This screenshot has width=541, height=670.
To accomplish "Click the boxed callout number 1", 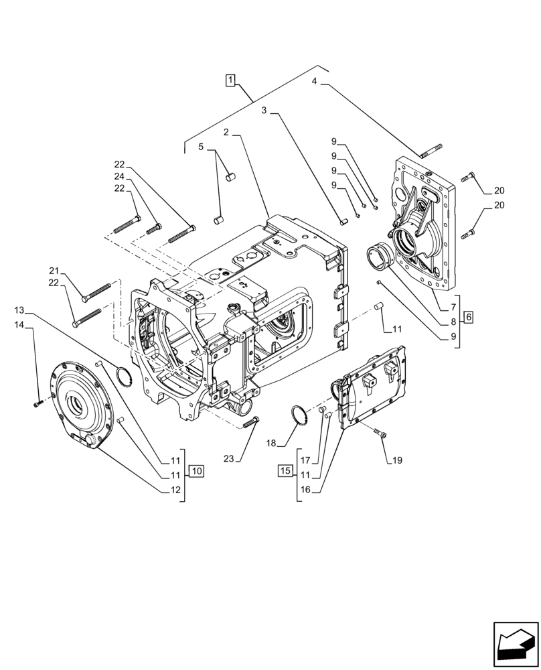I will pyautogui.click(x=230, y=81).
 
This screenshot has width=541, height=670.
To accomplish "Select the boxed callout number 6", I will pyautogui.click(x=468, y=316).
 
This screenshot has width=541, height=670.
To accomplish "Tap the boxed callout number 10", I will pyautogui.click(x=196, y=470).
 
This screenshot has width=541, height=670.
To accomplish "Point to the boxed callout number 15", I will pyautogui.click(x=285, y=470).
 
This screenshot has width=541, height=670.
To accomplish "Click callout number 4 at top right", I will pyautogui.click(x=314, y=82).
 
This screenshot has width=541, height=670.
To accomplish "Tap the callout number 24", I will pyautogui.click(x=119, y=176).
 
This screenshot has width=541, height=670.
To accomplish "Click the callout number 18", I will pyautogui.click(x=270, y=443).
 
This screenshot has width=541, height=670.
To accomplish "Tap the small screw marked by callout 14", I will pyautogui.click(x=37, y=403).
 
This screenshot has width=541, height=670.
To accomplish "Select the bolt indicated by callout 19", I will pyautogui.click(x=380, y=435).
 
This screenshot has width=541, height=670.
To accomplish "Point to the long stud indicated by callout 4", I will pyautogui.click(x=431, y=150).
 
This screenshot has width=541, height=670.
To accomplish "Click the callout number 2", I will pyautogui.click(x=227, y=133).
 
